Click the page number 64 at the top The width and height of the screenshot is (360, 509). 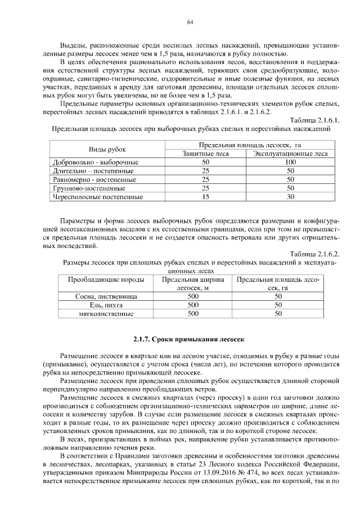click(190, 22)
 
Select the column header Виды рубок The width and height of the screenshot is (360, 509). click(107, 149)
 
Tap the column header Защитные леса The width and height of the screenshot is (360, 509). click(205, 154)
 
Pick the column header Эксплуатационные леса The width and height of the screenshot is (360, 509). click(291, 154)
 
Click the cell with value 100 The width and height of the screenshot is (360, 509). click(291, 162)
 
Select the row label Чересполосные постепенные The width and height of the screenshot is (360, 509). click(97, 197)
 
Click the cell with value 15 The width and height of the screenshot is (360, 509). click(205, 197)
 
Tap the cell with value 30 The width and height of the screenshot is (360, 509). click(291, 197)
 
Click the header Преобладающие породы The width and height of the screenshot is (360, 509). click(106, 280)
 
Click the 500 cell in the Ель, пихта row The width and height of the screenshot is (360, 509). click(193, 305)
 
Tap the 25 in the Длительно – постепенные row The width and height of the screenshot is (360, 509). click(205, 170)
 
